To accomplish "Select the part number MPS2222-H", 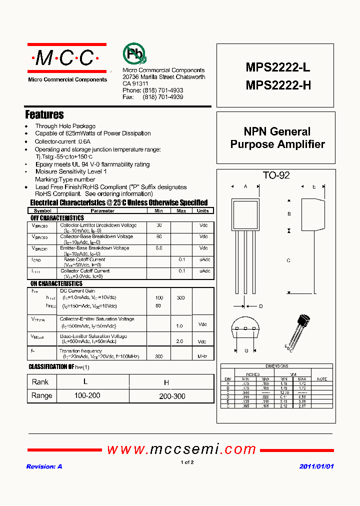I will (278, 85).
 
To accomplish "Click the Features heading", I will (44, 114).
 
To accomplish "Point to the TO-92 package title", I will (276, 175).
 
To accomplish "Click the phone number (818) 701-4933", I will (163, 90).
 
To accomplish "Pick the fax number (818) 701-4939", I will (163, 97).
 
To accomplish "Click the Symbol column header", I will (42, 211).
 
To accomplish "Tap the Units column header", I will (202, 211).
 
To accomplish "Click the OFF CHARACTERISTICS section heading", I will (57, 218).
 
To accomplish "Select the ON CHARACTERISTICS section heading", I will (56, 283).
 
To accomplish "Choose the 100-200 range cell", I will (87, 395).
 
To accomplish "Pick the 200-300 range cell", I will (172, 396).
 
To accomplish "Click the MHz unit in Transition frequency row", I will (202, 356).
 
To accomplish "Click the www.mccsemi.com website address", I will (181, 449).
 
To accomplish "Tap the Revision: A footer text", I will (44, 466).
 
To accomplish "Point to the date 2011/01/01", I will (316, 466).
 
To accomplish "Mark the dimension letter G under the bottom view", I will (246, 350).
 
